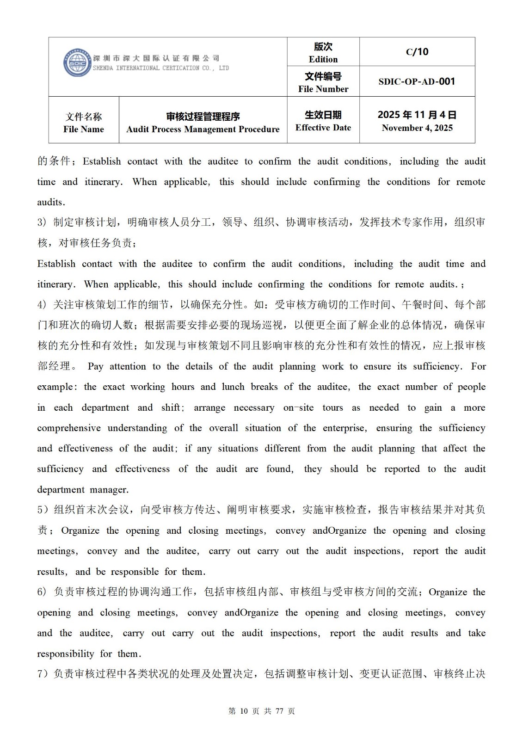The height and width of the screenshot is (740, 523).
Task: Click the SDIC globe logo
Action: (77, 62)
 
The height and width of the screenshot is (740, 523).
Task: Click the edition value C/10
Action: (417, 52)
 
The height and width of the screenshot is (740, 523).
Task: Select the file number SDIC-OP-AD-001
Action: (417, 81)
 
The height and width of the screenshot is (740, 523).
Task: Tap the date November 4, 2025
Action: (417, 128)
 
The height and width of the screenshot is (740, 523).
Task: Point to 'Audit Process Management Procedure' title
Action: (203, 129)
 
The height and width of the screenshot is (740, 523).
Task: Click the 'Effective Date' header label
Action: (323, 128)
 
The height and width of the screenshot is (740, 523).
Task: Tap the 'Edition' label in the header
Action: (323, 59)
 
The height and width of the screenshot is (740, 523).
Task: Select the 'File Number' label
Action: (323, 89)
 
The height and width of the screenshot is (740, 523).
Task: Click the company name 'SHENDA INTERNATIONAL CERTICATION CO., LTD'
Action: (161, 68)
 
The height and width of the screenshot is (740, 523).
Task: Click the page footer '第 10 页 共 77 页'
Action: (262, 711)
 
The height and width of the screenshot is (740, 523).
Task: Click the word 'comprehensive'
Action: (69, 428)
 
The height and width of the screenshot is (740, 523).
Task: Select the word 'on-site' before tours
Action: (298, 407)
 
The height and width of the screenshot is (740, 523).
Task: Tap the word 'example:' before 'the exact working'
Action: (55, 387)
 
